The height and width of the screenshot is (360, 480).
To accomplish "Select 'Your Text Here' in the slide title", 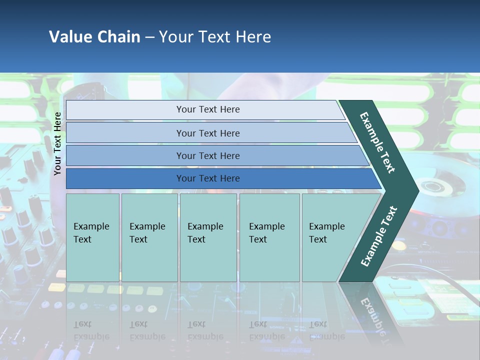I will coord(215,37).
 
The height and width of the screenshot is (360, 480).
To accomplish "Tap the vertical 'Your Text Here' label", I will coord(57,143).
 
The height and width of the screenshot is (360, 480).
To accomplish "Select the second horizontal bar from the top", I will coord(207,133).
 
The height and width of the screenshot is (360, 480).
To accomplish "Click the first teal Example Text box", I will coord(92,237).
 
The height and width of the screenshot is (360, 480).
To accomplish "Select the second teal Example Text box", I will coord(149,237).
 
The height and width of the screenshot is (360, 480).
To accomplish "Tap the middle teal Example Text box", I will coord(208,237).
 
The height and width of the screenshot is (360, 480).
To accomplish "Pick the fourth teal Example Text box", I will coord(269,237).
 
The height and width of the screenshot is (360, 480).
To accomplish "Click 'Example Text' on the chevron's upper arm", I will coord(377,142).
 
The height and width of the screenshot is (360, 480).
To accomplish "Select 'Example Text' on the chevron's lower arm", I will coord(378,236).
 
